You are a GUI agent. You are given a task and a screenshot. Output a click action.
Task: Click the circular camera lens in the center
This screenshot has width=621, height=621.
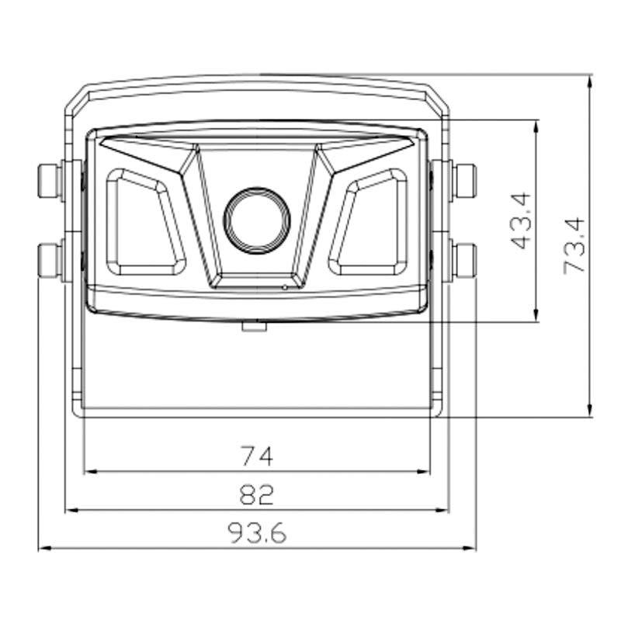pyautogui.click(x=257, y=220)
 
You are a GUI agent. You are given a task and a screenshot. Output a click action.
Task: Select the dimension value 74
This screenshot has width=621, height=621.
pyautogui.click(x=257, y=456)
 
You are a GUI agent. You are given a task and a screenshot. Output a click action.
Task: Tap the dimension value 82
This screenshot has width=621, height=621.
pyautogui.click(x=257, y=494)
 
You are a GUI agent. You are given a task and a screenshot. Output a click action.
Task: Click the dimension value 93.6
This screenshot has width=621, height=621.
pyautogui.click(x=257, y=533)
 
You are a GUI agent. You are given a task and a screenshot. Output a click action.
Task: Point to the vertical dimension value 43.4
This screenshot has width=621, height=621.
pyautogui.click(x=522, y=220)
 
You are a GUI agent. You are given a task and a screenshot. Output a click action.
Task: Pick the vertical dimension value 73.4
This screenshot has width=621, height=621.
pyautogui.click(x=574, y=245)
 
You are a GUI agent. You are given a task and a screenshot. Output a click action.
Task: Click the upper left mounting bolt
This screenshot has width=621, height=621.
pyautogui.click(x=50, y=181)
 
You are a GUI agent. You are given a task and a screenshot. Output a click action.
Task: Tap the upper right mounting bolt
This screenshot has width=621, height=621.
pyautogui.click(x=464, y=181)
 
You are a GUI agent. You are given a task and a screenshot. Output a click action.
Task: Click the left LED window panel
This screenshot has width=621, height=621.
pyautogui.click(x=144, y=223)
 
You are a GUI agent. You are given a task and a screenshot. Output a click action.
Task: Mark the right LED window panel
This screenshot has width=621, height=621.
pyautogui.click(x=369, y=223)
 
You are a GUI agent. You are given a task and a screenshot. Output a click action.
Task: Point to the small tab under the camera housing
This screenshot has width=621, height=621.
pyautogui.click(x=255, y=326)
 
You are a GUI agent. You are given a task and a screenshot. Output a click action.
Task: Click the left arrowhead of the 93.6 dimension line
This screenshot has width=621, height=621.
pyautogui.click(x=43, y=548)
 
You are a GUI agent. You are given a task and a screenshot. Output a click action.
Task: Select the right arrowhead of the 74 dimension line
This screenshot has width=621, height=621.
pyautogui.click(x=425, y=471)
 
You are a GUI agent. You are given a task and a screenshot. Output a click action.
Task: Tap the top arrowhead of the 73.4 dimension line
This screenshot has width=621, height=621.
pyautogui.click(x=590, y=80)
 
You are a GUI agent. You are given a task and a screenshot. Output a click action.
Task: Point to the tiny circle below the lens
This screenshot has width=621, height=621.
pyautogui.click(x=285, y=286)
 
